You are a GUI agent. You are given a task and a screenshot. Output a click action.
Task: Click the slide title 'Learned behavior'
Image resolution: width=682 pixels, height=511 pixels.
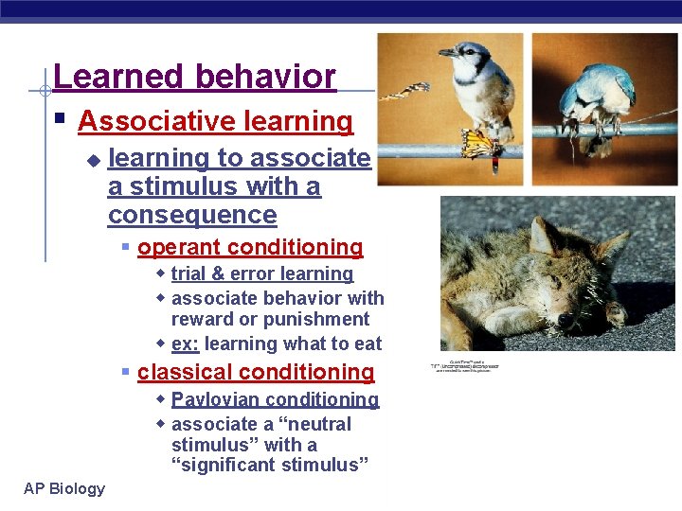[194, 77]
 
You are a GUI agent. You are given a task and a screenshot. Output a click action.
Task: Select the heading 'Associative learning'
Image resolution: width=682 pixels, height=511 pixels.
[215, 121]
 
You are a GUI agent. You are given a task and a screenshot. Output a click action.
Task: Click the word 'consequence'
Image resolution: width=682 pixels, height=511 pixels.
[192, 215]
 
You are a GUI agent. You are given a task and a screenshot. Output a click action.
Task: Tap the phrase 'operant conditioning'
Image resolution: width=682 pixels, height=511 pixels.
[250, 248]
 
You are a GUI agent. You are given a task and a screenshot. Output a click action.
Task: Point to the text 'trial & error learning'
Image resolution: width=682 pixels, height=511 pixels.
[262, 274]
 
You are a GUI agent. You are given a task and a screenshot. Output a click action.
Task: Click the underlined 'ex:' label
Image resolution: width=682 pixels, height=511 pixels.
[185, 344]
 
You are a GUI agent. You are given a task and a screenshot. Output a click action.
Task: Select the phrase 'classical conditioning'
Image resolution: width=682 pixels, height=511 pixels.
[256, 373]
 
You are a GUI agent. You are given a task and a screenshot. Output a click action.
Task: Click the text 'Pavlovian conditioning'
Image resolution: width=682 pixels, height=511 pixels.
[275, 400]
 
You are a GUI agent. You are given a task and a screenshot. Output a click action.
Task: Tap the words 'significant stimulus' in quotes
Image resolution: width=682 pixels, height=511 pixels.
[270, 465]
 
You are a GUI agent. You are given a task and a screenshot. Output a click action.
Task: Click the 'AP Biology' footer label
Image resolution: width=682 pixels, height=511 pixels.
[65, 488]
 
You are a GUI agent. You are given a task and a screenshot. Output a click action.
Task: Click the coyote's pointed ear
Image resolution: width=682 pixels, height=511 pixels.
[543, 234]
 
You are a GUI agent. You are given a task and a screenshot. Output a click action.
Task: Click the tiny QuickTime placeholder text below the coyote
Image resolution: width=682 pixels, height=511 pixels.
[466, 365]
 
